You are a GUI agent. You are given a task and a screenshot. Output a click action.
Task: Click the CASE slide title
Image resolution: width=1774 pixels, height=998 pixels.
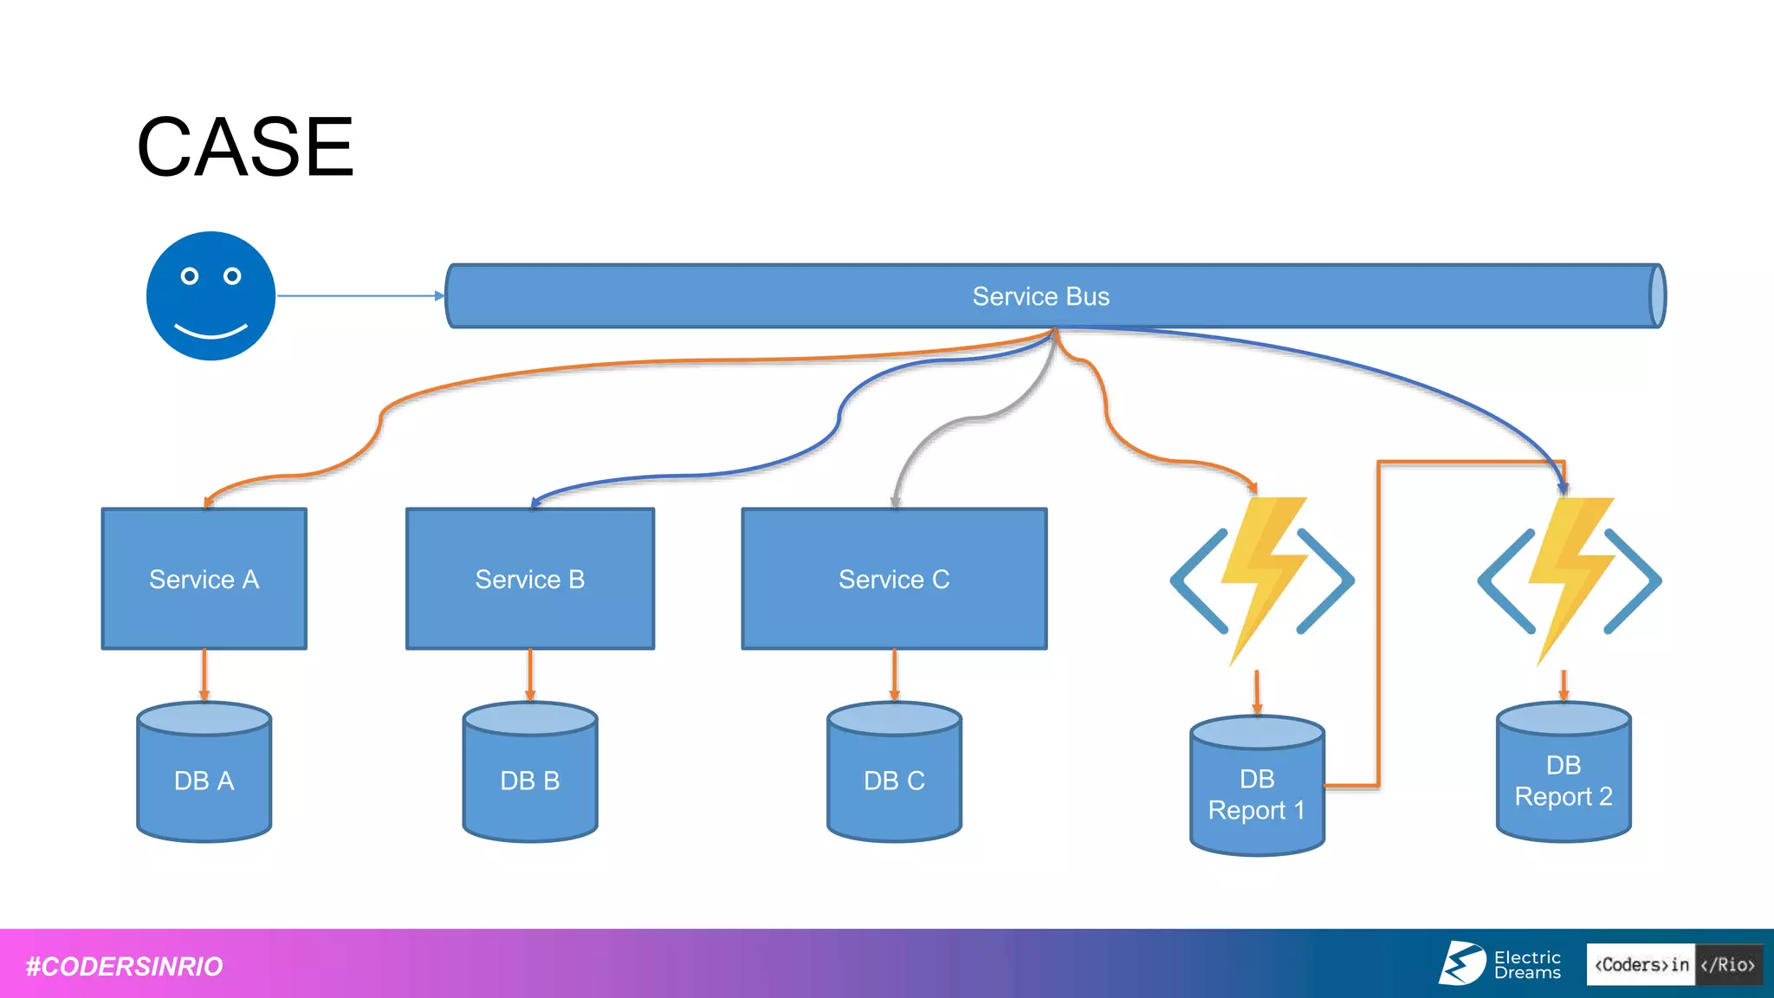[x=245, y=147]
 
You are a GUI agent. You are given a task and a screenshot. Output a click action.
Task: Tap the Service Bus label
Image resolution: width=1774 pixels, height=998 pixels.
[x=1040, y=296]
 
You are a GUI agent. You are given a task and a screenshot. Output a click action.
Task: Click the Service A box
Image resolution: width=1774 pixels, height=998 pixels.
[x=204, y=579]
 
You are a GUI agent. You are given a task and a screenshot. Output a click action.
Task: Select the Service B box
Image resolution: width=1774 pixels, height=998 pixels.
[x=530, y=579]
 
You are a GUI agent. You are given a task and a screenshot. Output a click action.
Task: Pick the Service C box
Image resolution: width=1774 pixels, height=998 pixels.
[x=894, y=579]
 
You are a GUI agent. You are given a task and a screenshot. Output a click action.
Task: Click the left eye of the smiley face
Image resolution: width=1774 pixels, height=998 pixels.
[x=190, y=276]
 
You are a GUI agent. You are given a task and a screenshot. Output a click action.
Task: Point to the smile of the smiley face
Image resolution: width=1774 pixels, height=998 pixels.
[x=210, y=332]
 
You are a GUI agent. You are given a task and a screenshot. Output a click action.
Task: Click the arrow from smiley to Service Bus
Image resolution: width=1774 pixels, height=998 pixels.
[x=359, y=295]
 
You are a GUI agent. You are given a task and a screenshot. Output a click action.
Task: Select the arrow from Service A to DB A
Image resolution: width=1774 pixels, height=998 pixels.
[x=204, y=675]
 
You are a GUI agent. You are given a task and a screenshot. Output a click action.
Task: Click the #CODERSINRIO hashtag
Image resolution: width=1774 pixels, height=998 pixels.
[x=124, y=966]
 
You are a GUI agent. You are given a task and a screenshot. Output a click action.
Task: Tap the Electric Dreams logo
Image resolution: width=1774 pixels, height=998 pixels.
[x=1500, y=963]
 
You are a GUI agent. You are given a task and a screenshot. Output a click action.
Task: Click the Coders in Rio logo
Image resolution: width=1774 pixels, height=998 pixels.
[x=1674, y=964]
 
